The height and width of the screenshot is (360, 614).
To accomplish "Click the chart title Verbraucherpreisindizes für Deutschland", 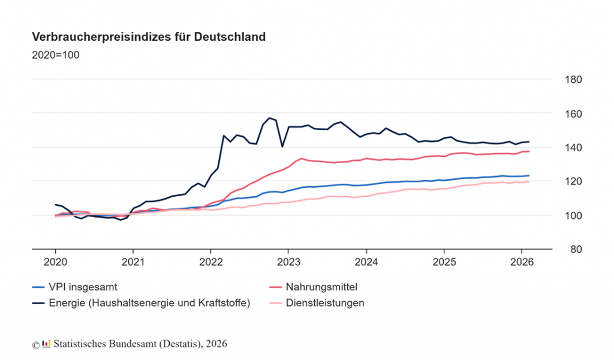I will [149, 37].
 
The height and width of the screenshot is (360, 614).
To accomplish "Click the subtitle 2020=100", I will [55, 55].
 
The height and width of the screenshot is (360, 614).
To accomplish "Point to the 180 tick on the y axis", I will [570, 80].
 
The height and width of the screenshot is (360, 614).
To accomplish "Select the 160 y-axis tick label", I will [570, 113].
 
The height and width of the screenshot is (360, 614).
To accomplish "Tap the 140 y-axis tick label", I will [570, 148].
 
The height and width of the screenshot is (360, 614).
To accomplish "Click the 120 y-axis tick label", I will [570, 181].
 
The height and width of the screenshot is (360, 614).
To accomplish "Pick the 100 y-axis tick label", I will [570, 215].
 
